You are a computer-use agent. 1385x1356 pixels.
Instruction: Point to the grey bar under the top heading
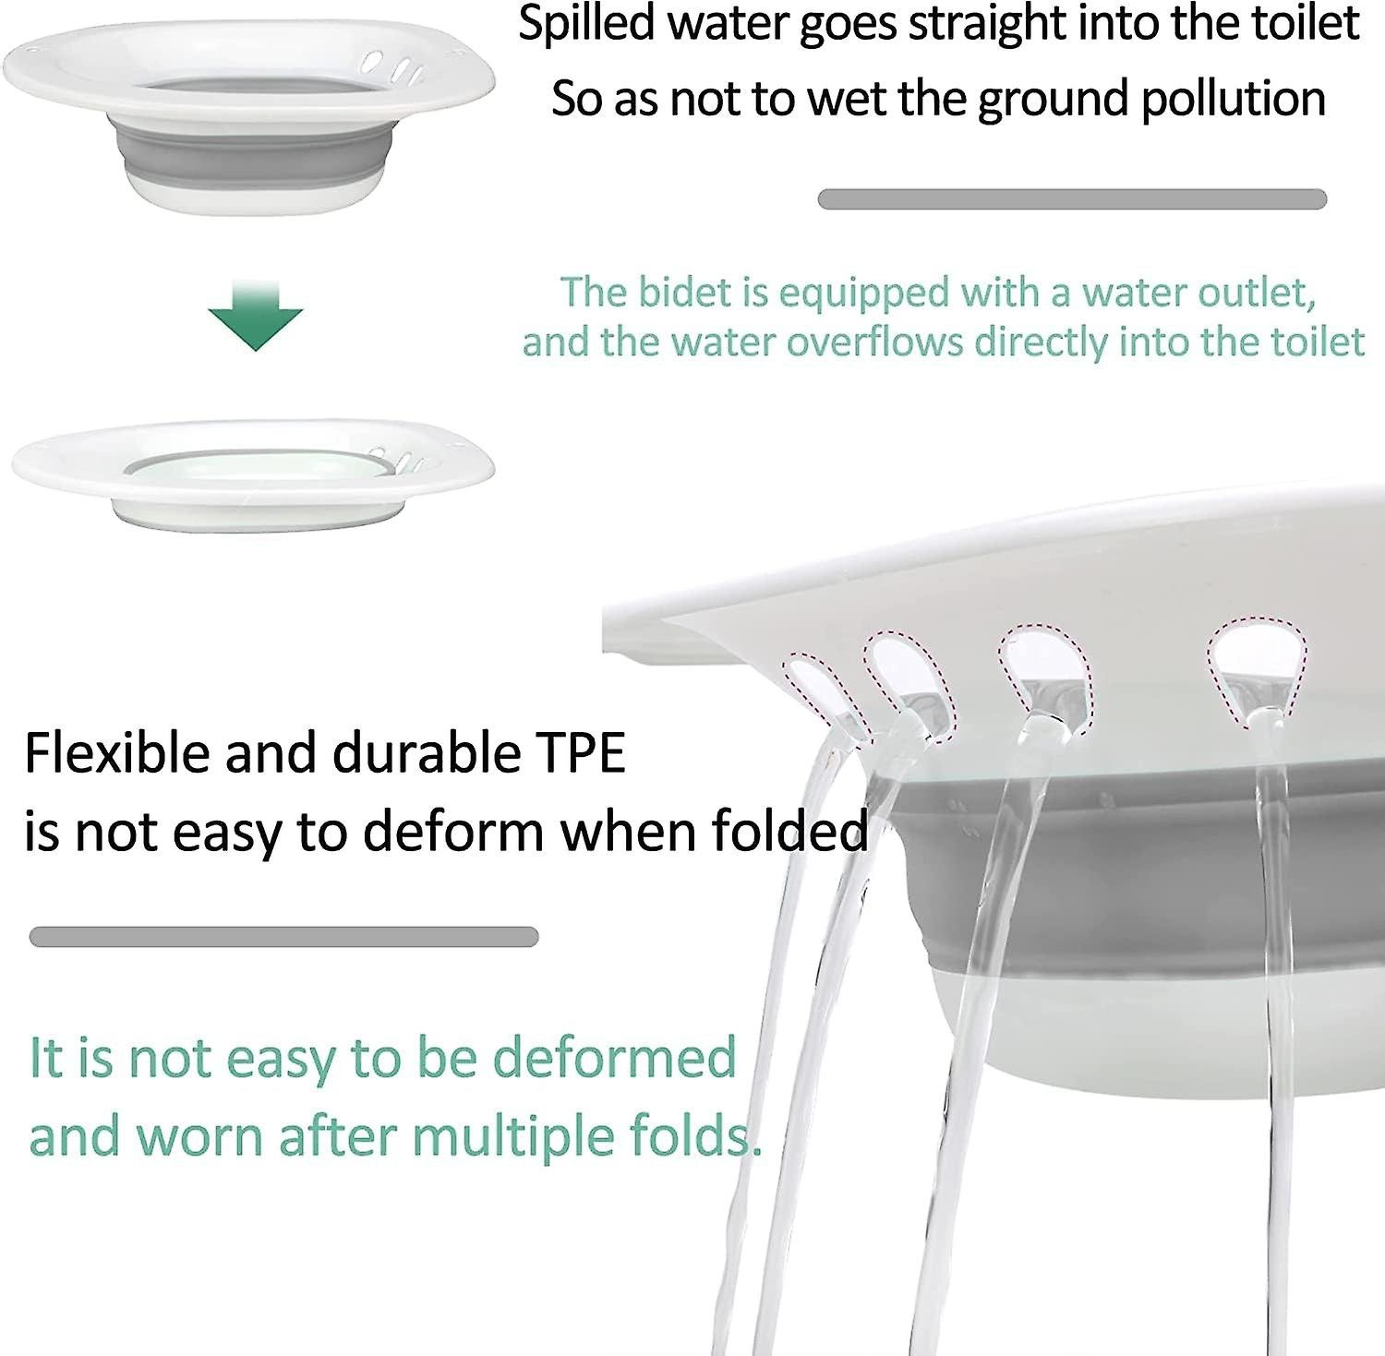point(1072,199)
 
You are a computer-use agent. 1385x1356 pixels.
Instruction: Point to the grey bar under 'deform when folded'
point(283,937)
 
